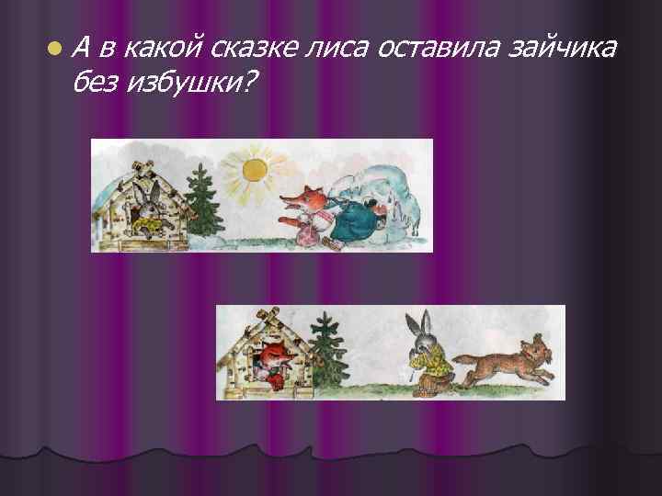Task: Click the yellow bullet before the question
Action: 56,47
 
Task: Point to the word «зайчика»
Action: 561,46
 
